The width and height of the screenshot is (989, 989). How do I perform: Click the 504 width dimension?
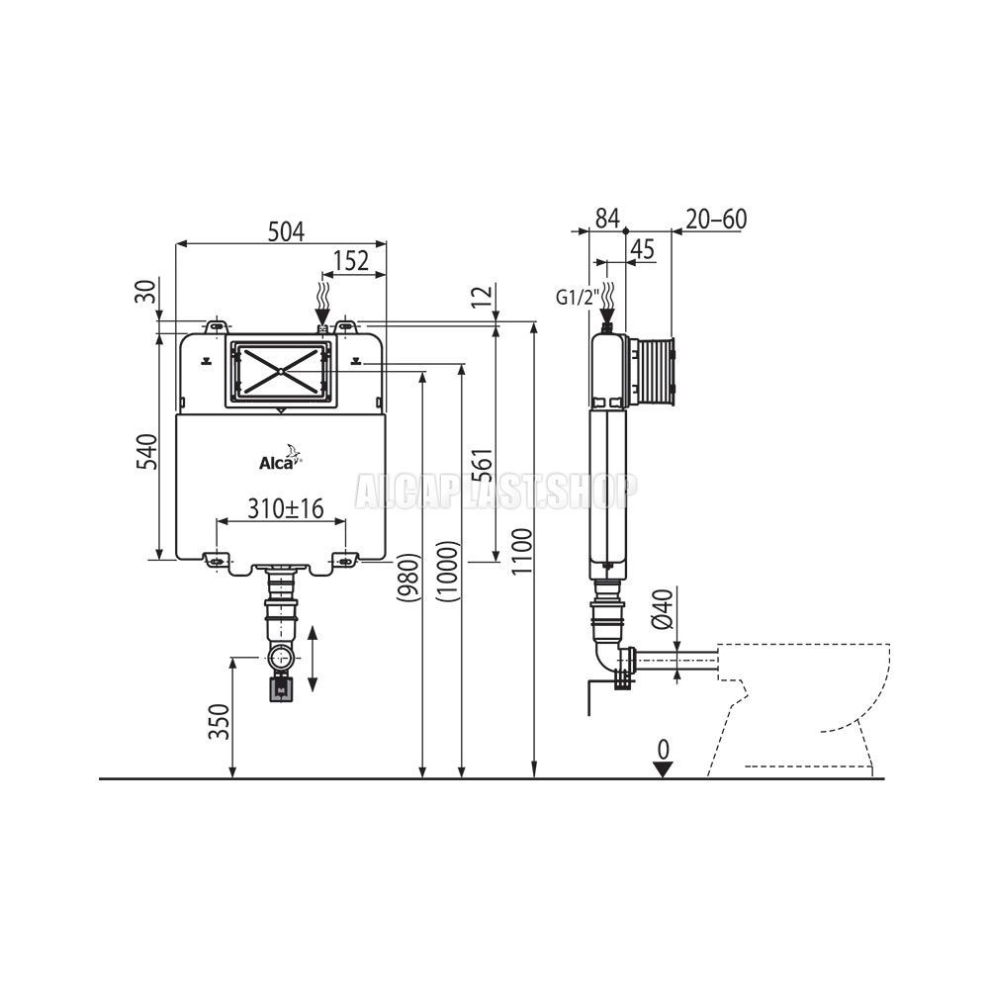pyautogui.click(x=286, y=231)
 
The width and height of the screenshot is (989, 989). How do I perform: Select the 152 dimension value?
pyautogui.click(x=351, y=260)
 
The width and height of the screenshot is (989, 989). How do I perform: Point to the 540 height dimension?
pyautogui.click(x=147, y=451)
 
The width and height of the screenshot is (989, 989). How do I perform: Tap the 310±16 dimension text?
pyautogui.click(x=285, y=508)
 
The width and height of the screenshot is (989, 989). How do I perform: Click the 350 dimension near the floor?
pyautogui.click(x=219, y=722)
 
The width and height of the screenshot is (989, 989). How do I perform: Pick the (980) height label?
pyautogui.click(x=408, y=578)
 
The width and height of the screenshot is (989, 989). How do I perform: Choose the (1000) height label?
pyautogui.click(x=447, y=571)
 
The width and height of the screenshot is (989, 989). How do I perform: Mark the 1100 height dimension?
pyautogui.click(x=522, y=552)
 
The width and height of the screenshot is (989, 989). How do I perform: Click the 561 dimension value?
pyautogui.click(x=482, y=467)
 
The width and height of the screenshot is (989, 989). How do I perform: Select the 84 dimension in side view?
pyautogui.click(x=607, y=219)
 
